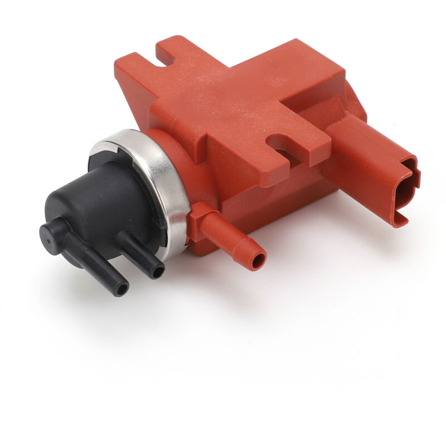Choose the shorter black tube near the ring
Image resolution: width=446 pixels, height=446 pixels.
[139, 254]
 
